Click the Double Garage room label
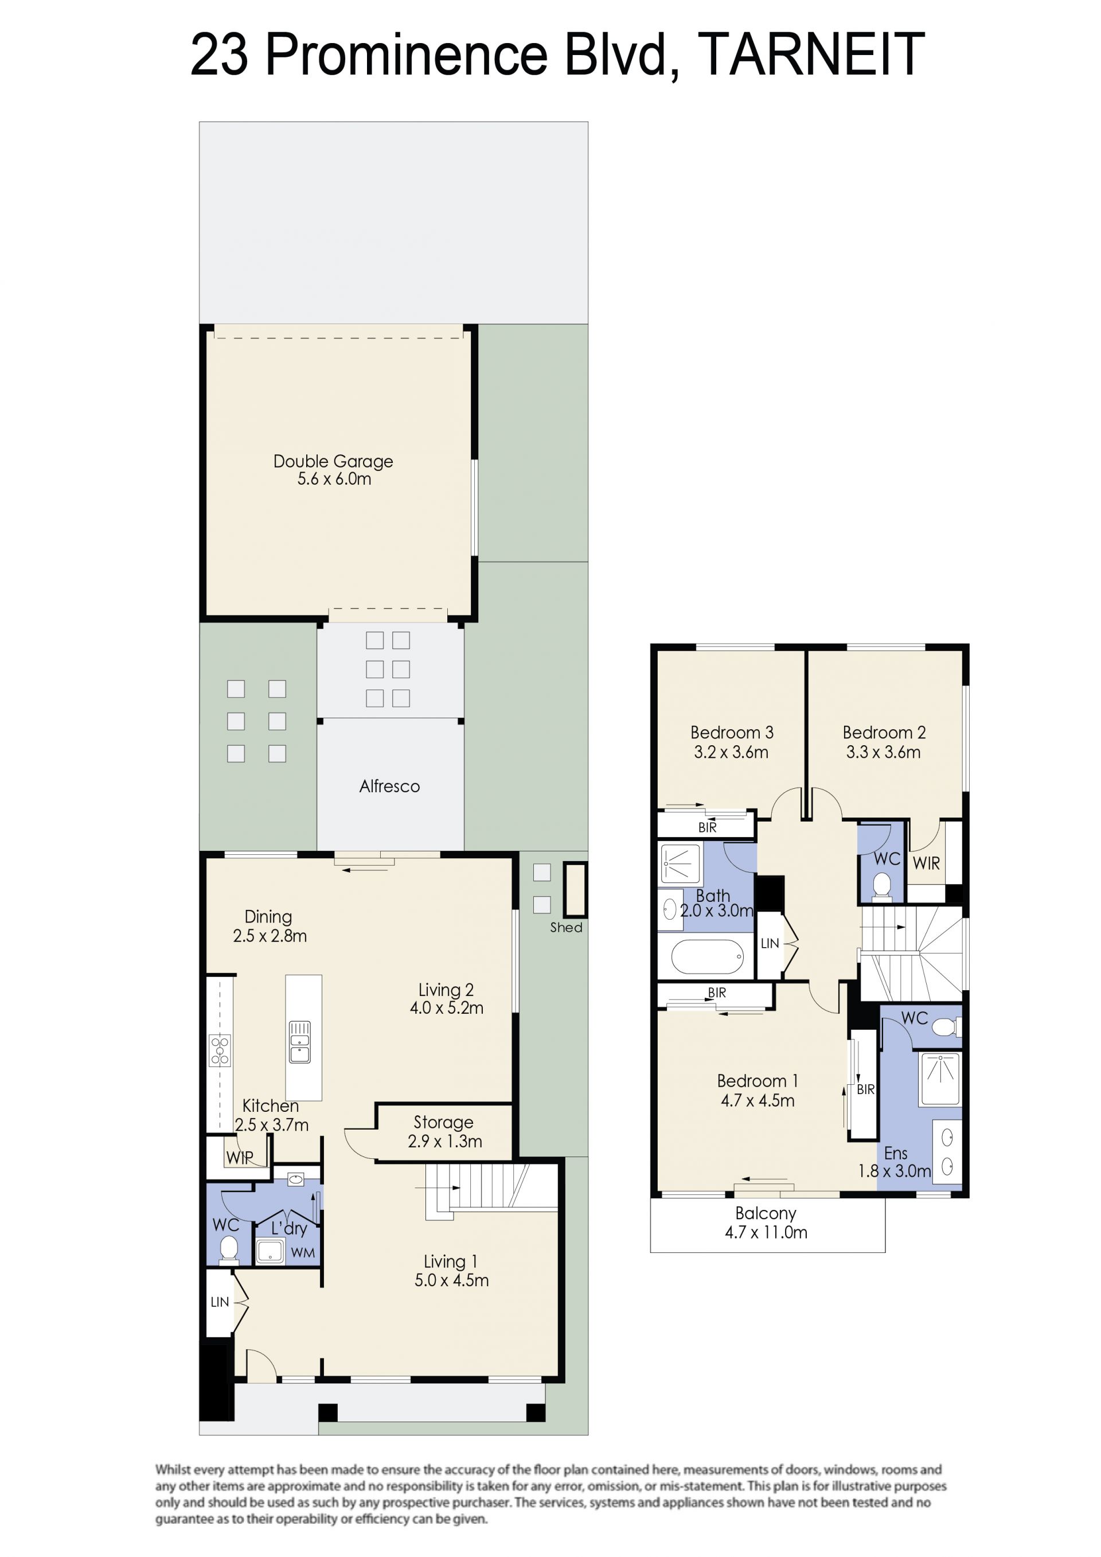[x=333, y=461]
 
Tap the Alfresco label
[x=389, y=786]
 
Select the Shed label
[x=566, y=928]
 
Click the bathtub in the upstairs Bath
[x=707, y=957]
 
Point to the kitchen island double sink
[x=300, y=1042]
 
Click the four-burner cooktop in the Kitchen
[x=220, y=1050]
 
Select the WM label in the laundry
[x=303, y=1252]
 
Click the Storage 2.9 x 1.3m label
[x=445, y=1132]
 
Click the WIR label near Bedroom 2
[x=926, y=863]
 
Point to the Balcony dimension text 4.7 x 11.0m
[x=766, y=1232]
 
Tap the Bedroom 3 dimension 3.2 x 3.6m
[x=731, y=752]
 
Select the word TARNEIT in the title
[x=811, y=55]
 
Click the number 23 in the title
[x=219, y=55]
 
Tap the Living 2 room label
[x=446, y=990]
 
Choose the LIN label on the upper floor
[x=770, y=943]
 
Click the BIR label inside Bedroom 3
[x=707, y=827]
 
